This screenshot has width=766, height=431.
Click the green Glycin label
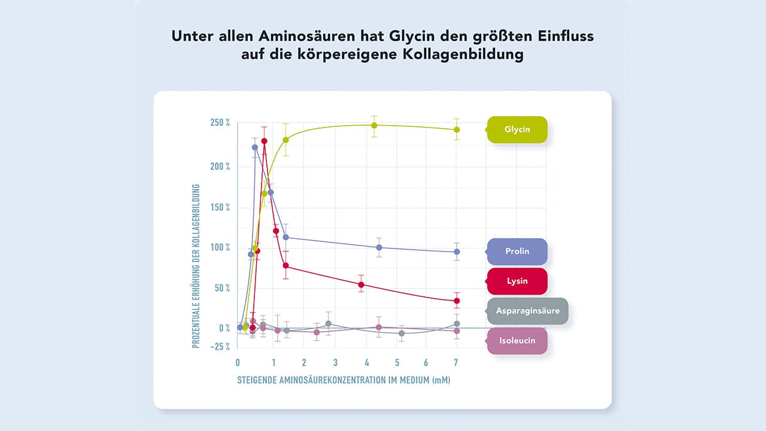(517, 129)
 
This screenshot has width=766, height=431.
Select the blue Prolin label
(517, 251)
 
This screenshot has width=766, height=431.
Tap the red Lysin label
(517, 281)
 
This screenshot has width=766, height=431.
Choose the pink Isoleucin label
(517, 341)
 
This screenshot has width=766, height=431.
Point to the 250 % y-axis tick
(219, 123)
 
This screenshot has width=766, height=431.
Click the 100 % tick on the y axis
(219, 248)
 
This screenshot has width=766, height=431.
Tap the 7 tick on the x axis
(457, 363)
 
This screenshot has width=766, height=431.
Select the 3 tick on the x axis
(335, 363)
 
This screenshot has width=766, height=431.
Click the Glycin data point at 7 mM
(457, 129)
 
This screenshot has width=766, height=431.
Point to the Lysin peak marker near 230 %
(264, 141)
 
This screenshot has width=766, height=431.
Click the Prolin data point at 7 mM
(457, 252)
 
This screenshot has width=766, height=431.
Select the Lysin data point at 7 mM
(457, 301)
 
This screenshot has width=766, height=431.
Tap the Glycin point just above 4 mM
(374, 125)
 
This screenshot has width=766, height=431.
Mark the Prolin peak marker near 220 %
(255, 147)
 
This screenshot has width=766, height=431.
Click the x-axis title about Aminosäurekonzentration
(344, 380)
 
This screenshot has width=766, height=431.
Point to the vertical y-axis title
(196, 266)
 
